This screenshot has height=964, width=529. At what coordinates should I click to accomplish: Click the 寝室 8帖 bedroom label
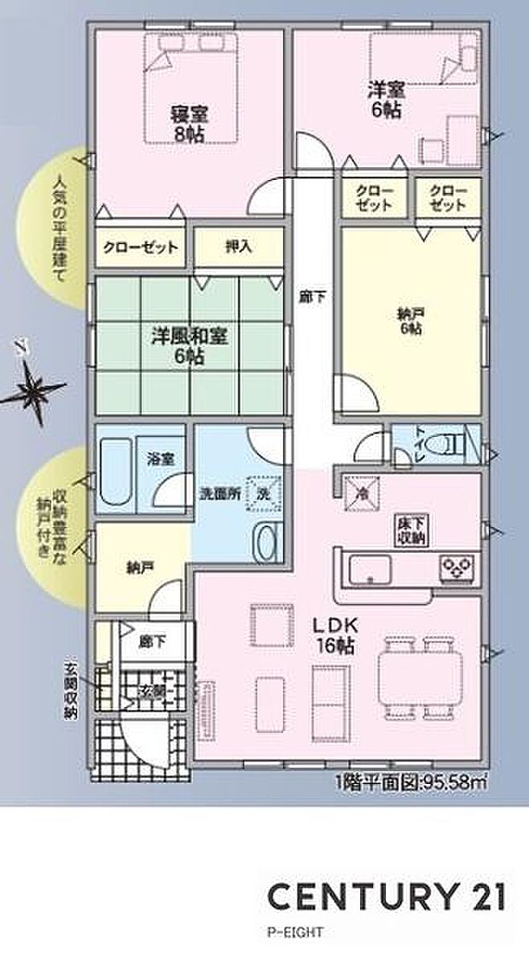point(189,125)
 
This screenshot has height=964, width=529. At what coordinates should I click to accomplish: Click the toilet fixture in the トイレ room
point(445,445)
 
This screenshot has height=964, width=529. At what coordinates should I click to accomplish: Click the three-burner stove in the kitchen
point(459,566)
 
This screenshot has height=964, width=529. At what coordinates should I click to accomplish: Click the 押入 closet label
point(238,247)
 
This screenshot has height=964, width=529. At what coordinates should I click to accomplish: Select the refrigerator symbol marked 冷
point(360,491)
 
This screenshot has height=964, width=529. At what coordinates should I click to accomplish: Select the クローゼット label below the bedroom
point(141,247)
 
